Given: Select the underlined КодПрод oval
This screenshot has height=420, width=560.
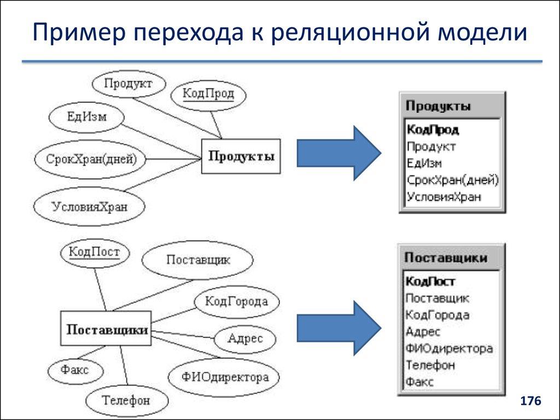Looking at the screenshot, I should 208,94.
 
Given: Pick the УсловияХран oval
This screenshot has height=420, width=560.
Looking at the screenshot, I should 90,206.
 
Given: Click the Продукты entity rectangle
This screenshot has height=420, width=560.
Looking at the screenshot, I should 241,156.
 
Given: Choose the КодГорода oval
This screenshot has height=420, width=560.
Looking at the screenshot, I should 236,301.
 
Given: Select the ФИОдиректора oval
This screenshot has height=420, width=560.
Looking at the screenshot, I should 225,377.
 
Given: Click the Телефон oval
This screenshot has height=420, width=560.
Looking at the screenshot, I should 126,400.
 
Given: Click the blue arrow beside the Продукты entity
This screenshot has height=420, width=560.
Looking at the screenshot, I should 339,153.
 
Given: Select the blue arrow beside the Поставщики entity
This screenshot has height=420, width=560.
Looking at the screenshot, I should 339,328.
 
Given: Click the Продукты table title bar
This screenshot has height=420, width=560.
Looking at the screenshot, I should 452,106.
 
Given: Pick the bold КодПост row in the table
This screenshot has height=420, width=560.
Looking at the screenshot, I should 431,281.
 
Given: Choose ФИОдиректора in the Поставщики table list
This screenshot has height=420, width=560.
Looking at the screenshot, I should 449,348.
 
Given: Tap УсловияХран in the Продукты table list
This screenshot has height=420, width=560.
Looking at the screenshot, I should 444,197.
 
